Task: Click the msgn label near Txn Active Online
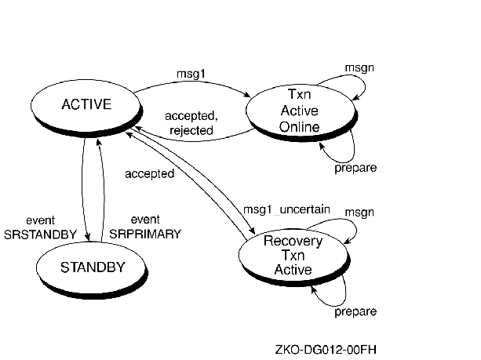click(x=361, y=67)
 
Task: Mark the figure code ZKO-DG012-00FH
click(x=323, y=348)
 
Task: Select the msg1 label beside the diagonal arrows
click(x=258, y=210)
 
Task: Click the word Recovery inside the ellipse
click(x=293, y=241)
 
